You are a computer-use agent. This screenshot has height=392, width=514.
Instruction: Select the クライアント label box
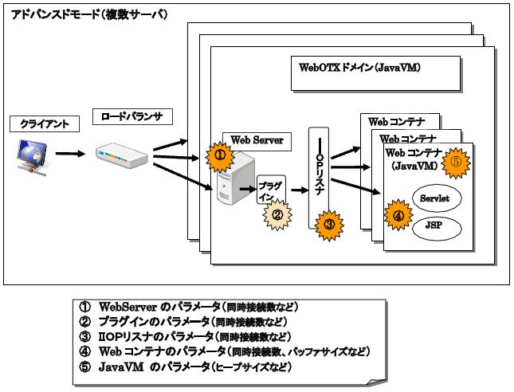pos(38,124)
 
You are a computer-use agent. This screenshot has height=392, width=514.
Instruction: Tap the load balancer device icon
pos(122,155)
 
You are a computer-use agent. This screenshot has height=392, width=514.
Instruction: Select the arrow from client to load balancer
pos(70,154)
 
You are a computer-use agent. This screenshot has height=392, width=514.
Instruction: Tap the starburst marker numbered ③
pos(328,224)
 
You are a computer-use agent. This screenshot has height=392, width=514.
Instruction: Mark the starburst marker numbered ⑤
pos(457,159)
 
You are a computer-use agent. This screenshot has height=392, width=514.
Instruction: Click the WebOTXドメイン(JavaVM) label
pos(359,69)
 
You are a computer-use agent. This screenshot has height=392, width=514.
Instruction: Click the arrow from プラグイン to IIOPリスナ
pos(299,191)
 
